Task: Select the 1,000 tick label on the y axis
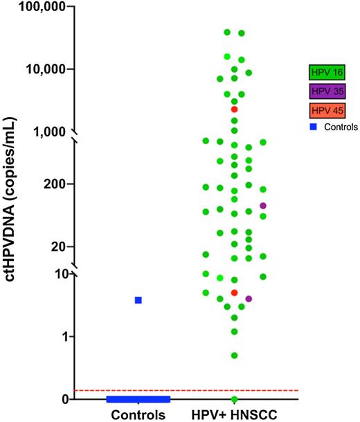tap(48, 131)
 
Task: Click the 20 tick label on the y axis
tap(59, 247)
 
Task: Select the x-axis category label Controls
tap(137, 415)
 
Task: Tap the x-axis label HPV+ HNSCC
tap(234, 415)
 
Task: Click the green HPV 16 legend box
tap(327, 71)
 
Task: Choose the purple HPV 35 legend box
tap(327, 91)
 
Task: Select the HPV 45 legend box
tap(327, 110)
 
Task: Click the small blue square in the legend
tap(314, 127)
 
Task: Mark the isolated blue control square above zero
tap(138, 300)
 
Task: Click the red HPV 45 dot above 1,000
tap(234, 109)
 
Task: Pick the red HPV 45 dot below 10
tap(234, 293)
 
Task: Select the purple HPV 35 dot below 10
tap(249, 299)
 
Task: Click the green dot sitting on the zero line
tap(234, 399)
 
